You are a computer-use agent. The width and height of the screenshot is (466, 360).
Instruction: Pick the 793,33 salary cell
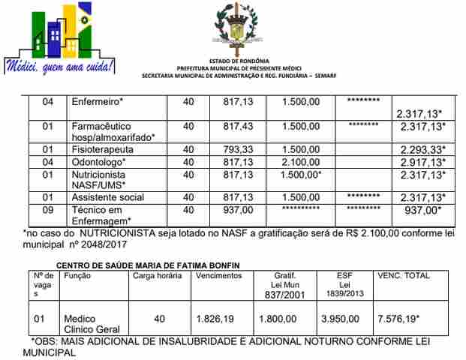coord(238,149)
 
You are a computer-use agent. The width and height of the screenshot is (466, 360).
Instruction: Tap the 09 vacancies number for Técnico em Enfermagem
coord(48,210)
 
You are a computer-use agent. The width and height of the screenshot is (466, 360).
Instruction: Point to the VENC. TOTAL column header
coord(403,276)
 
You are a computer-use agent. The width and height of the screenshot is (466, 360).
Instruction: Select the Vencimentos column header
coord(219,276)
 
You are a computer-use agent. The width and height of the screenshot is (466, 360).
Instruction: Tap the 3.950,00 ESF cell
coord(341,319)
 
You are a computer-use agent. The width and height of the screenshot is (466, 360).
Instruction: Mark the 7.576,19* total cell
coord(398,319)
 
